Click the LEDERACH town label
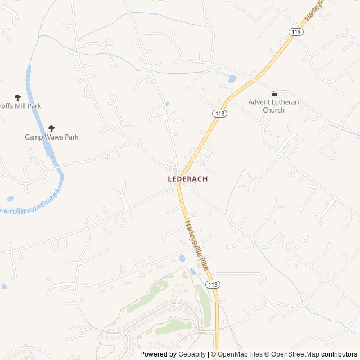[x=188, y=179]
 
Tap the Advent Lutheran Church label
[x=273, y=106]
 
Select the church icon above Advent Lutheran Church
[x=274, y=94]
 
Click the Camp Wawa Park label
[x=52, y=137]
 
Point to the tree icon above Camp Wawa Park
[x=52, y=128]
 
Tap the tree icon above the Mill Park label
[x=17, y=97]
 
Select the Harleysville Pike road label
[x=197, y=245]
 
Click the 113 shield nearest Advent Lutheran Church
[x=220, y=114]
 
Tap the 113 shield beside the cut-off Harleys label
[x=296, y=32]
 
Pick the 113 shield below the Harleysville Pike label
[x=213, y=285]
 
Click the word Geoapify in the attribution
[x=191, y=354]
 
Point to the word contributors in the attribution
[x=340, y=354]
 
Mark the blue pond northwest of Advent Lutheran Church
[x=232, y=79]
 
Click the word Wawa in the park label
[x=55, y=137]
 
